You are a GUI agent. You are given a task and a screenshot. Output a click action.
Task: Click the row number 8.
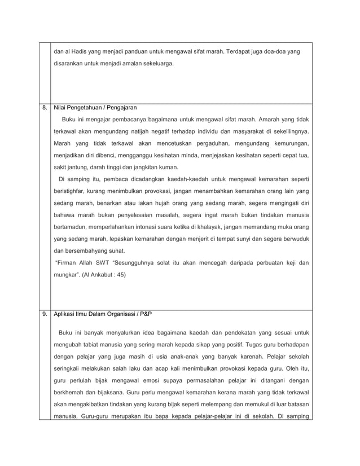[x=44, y=107]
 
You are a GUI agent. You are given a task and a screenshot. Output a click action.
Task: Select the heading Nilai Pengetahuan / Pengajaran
[x=95, y=107]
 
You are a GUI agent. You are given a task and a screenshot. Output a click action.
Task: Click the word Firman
[x=65, y=263]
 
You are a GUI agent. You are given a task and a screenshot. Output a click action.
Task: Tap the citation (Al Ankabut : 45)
[x=103, y=275]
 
